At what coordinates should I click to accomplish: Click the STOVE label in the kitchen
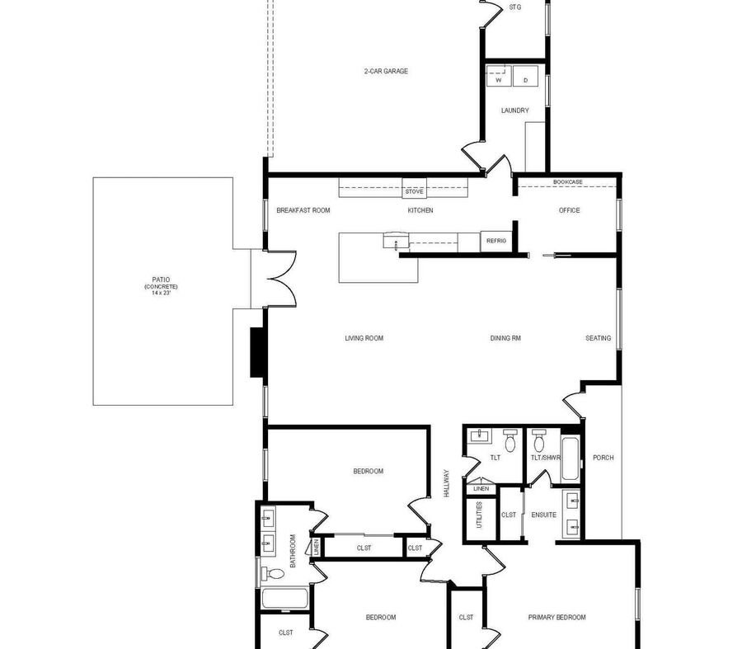pyautogui.click(x=414, y=191)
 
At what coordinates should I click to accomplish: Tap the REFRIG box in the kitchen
pyautogui.click(x=496, y=242)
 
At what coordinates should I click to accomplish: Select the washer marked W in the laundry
pyautogui.click(x=500, y=76)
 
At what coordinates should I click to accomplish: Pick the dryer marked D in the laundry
pyautogui.click(x=525, y=76)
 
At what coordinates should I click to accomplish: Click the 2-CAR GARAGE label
pyautogui.click(x=386, y=71)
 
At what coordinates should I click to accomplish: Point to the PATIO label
pyautogui.click(x=161, y=280)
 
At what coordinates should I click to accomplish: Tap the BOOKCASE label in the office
pyautogui.click(x=568, y=181)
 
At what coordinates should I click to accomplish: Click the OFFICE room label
pyautogui.click(x=569, y=210)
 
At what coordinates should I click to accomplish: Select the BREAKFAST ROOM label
pyautogui.click(x=303, y=210)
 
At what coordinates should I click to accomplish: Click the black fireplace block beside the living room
pyautogui.click(x=258, y=353)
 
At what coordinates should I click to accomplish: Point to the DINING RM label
pyautogui.click(x=505, y=338)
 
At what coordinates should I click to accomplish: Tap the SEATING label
pyautogui.click(x=599, y=338)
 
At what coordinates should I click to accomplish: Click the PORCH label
pyautogui.click(x=603, y=458)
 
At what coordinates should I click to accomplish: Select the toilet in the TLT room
pyautogui.click(x=510, y=440)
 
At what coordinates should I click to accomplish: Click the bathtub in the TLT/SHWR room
pyautogui.click(x=570, y=459)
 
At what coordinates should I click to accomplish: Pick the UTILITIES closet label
pyautogui.click(x=479, y=515)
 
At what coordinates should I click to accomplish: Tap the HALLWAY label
pyautogui.click(x=446, y=483)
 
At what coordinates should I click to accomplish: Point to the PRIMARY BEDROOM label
pyautogui.click(x=557, y=618)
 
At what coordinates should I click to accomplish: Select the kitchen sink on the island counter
pyautogui.click(x=395, y=241)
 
